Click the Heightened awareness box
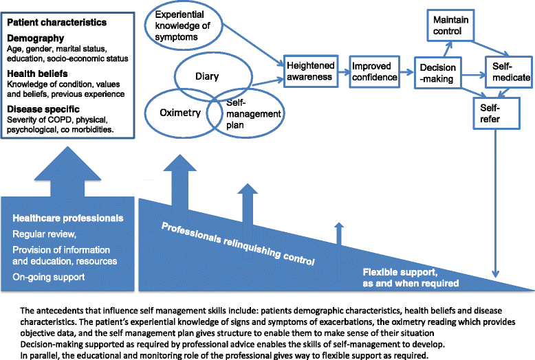311,71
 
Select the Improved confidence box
374,71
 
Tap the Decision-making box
437,74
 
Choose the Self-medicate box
511,72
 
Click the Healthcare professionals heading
68,218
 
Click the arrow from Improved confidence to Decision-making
408,71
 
